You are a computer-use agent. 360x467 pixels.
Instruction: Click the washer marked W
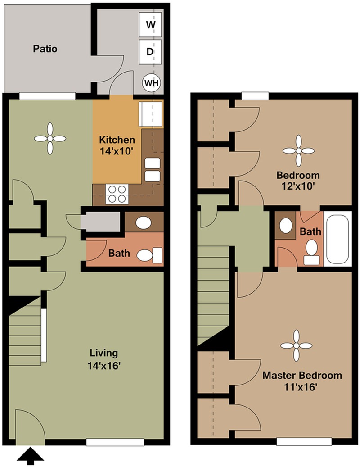[150, 24]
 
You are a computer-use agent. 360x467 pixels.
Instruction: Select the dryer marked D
[150, 51]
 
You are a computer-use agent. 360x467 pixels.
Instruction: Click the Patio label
[45, 49]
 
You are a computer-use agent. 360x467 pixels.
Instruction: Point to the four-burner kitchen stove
[117, 194]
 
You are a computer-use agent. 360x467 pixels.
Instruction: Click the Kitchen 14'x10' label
[117, 145]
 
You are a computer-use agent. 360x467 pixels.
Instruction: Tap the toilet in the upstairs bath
[311, 251]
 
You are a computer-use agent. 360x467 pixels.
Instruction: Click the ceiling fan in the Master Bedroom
[296, 345]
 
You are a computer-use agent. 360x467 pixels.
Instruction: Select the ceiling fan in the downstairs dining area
[49, 139]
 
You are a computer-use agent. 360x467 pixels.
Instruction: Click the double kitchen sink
[152, 169]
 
